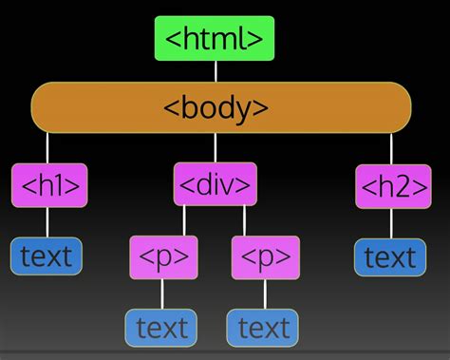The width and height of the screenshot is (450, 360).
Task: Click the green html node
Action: (x=215, y=39)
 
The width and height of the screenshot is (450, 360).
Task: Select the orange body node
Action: (x=221, y=106)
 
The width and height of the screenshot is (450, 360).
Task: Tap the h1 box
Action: (x=48, y=185)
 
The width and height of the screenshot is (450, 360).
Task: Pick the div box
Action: (x=216, y=184)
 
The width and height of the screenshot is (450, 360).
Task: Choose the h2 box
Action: (x=392, y=186)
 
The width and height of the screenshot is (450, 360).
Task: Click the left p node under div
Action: (x=163, y=256)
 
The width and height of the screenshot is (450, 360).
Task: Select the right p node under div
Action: (x=265, y=256)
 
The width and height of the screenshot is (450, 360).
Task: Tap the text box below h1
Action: (x=47, y=256)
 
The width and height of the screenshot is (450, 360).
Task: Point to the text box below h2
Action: (x=390, y=256)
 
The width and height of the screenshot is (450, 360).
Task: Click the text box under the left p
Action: (x=162, y=328)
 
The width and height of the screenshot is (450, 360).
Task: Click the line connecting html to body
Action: (x=216, y=71)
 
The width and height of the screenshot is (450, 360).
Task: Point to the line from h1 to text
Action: (x=47, y=223)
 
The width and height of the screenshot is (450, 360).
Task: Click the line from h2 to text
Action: (x=391, y=224)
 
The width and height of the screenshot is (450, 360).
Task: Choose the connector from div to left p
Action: (x=184, y=220)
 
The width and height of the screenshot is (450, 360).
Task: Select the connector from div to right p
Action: (x=245, y=220)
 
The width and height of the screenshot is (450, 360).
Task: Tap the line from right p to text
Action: (x=265, y=294)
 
